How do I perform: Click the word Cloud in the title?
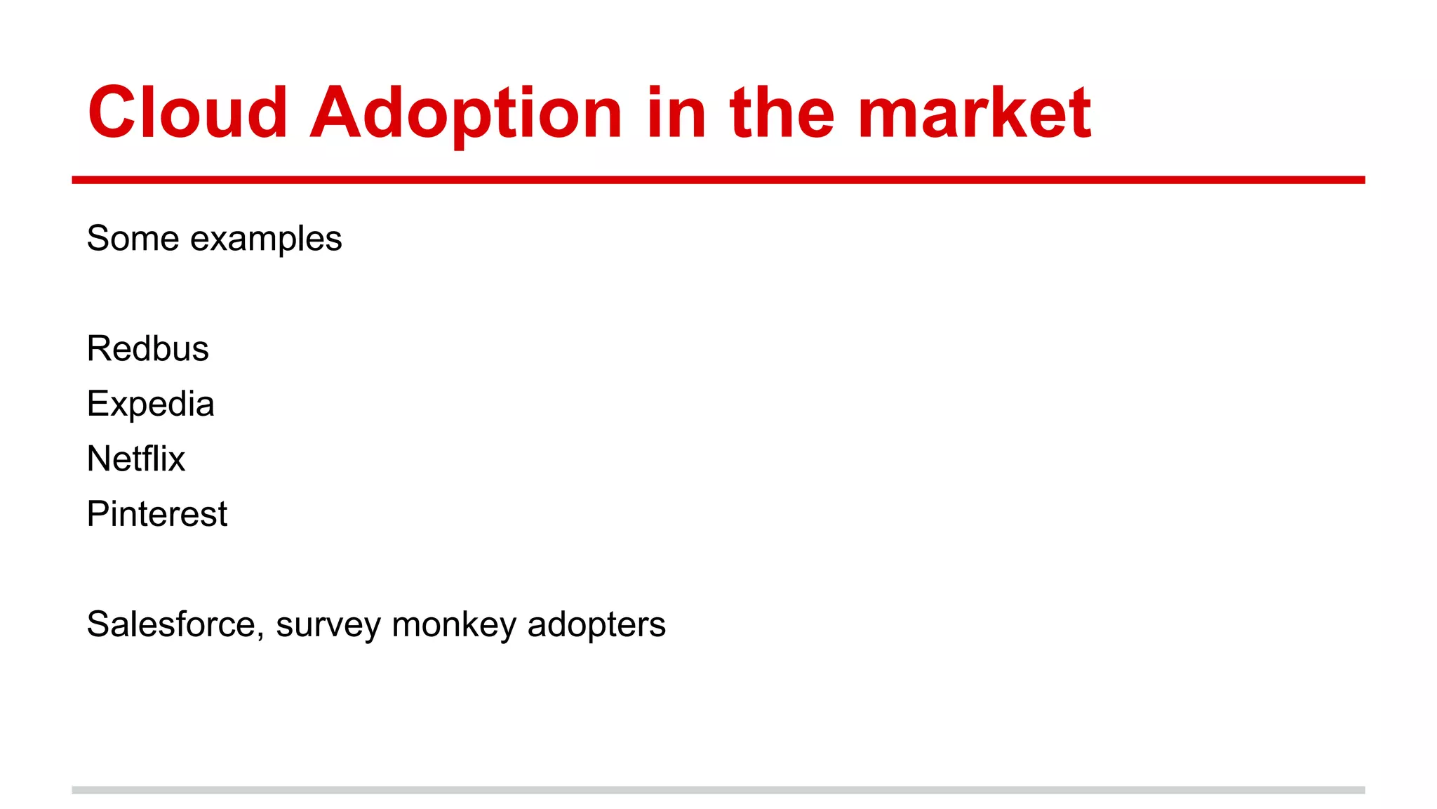click(187, 112)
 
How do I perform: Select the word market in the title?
click(974, 112)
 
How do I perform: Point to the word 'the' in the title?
click(782, 112)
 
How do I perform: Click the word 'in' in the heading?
click(676, 112)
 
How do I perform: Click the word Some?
click(133, 238)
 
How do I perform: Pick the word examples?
click(266, 239)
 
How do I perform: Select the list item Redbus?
click(147, 348)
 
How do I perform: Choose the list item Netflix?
click(136, 459)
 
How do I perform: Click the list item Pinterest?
click(156, 514)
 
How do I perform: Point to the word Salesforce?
click(171, 624)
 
